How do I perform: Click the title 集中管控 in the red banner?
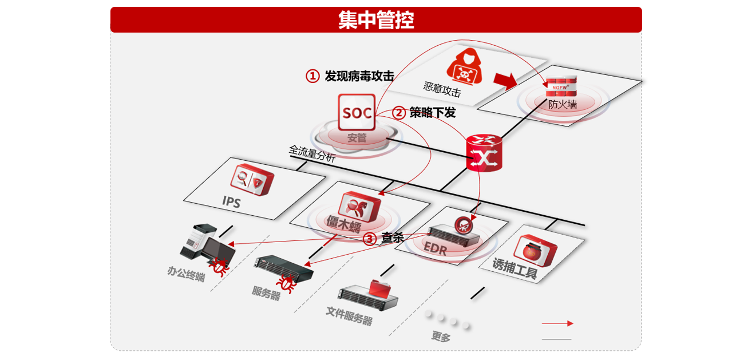[375, 20]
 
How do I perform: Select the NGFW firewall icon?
[561, 86]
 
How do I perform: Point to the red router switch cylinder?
[484, 153]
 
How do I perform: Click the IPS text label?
[231, 201]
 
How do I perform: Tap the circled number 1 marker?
[312, 76]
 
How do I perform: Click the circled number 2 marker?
[399, 113]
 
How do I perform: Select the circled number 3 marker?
[370, 239]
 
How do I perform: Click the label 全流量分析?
[312, 154]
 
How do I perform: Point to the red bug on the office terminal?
[219, 267]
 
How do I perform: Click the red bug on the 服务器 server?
[286, 283]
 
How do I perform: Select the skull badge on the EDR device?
[463, 224]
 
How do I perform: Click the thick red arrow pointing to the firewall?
[505, 81]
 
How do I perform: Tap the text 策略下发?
[432, 113]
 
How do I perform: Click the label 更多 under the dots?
[441, 337]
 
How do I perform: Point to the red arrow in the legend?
[557, 323]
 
